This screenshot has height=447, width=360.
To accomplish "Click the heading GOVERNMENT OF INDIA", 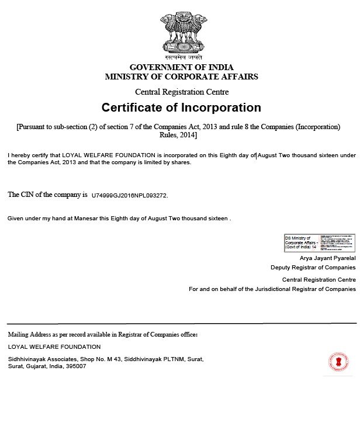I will [181, 67].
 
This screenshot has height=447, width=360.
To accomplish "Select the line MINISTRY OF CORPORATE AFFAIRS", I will [181, 77].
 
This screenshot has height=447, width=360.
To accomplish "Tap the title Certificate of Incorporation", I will [181, 108].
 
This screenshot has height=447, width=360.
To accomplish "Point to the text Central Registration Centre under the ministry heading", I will [182, 92].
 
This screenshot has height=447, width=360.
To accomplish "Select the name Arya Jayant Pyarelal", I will [327, 258].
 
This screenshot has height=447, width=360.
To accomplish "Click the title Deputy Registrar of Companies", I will [313, 267].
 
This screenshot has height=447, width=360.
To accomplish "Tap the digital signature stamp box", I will [320, 242].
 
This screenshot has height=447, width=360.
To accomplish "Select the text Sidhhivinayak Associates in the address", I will [42, 359].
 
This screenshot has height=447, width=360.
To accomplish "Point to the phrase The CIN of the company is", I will [47, 195].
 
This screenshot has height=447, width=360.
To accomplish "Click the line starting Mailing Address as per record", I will [102, 334].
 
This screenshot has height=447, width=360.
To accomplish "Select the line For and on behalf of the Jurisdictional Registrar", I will [272, 289].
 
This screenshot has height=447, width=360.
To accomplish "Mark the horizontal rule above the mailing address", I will [181, 323].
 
